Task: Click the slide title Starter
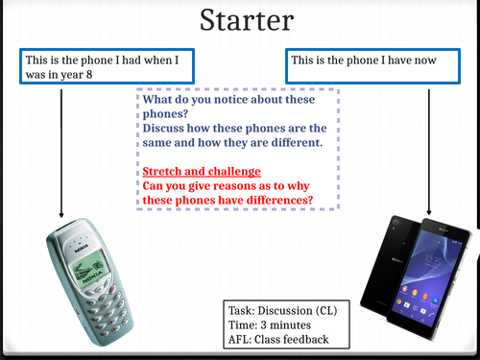pos(240,20)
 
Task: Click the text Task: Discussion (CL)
pos(284,313)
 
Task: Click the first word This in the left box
pos(36,60)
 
